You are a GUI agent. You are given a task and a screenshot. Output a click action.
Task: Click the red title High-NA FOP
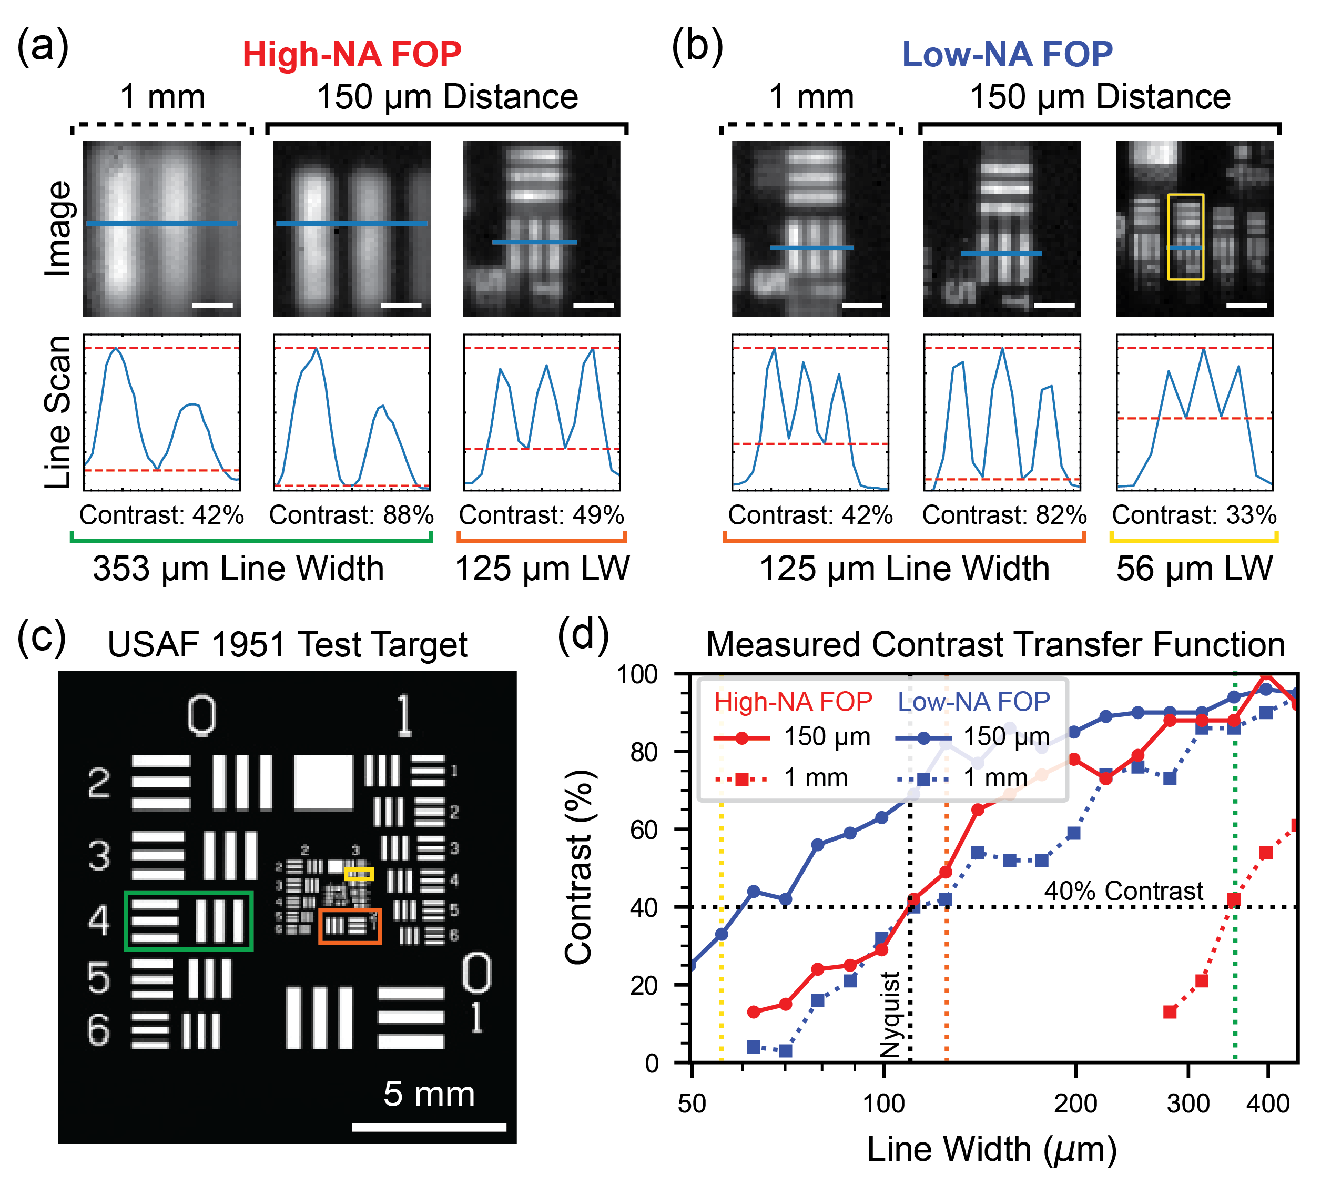click(x=352, y=55)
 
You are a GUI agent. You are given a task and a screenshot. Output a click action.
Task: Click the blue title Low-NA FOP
click(x=1007, y=55)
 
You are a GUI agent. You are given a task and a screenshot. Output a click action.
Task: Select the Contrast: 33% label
click(x=1194, y=515)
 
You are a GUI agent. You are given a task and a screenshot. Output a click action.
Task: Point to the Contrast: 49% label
click(x=541, y=515)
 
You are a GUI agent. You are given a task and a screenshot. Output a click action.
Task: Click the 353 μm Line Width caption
click(x=238, y=568)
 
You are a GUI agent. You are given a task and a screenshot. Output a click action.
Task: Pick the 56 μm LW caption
click(x=1194, y=568)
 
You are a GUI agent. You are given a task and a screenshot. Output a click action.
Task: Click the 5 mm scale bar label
click(x=429, y=1094)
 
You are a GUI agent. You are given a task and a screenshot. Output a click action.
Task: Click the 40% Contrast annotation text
click(x=1123, y=891)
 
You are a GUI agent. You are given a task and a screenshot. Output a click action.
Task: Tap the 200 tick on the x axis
click(x=1075, y=1104)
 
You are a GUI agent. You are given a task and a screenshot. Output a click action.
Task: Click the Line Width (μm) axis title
click(x=992, y=1149)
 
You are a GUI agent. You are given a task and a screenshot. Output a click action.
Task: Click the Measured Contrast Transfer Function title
click(x=995, y=644)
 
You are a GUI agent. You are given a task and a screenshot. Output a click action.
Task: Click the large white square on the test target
click(x=323, y=783)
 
